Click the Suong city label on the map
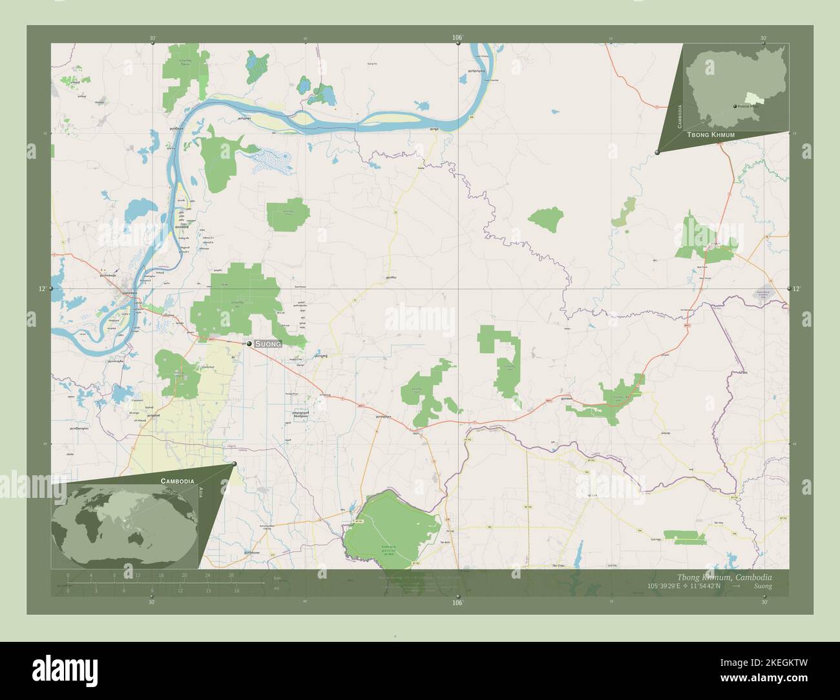point(268,344)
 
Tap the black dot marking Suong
point(249,344)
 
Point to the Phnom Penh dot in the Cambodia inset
point(735,107)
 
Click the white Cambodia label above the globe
point(177,482)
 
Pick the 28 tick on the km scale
point(231,575)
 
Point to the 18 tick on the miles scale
point(237,590)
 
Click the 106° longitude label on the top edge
point(457,37)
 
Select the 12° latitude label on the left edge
point(43,289)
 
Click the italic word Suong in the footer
point(762,586)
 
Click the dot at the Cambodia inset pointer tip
point(657,152)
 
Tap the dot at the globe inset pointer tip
point(234,464)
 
